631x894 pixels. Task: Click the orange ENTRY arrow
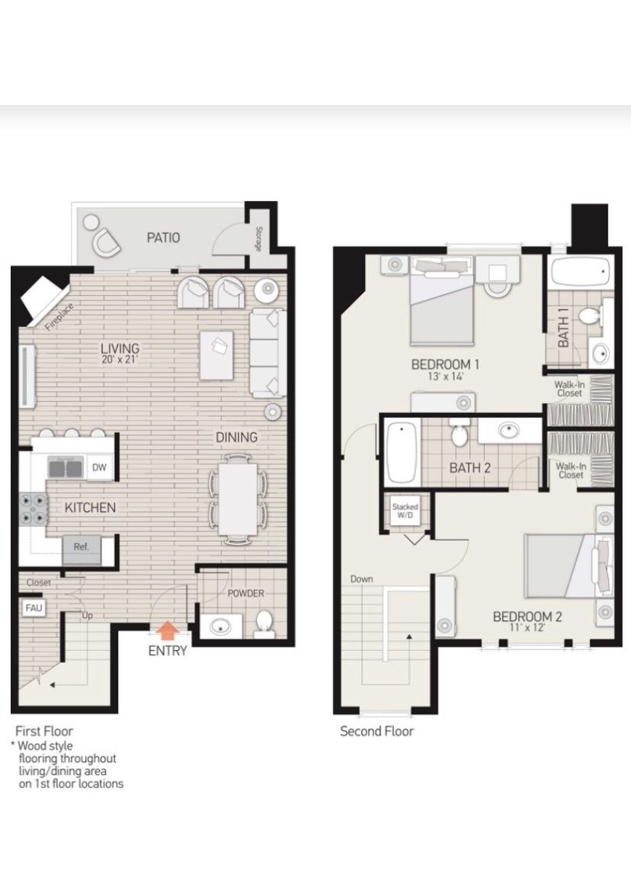(167, 630)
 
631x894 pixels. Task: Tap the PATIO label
(163, 237)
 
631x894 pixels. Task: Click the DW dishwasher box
(99, 467)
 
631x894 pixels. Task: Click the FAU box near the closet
(34, 607)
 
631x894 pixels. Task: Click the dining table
(238, 499)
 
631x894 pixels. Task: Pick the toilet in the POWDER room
(264, 623)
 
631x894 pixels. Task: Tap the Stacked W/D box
(405, 511)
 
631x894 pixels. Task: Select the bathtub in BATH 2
(402, 451)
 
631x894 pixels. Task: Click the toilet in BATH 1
(588, 315)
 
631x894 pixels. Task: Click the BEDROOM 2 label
(527, 617)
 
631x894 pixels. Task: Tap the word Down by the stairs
(361, 579)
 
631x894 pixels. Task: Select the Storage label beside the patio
(259, 239)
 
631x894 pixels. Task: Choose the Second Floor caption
(376, 731)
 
